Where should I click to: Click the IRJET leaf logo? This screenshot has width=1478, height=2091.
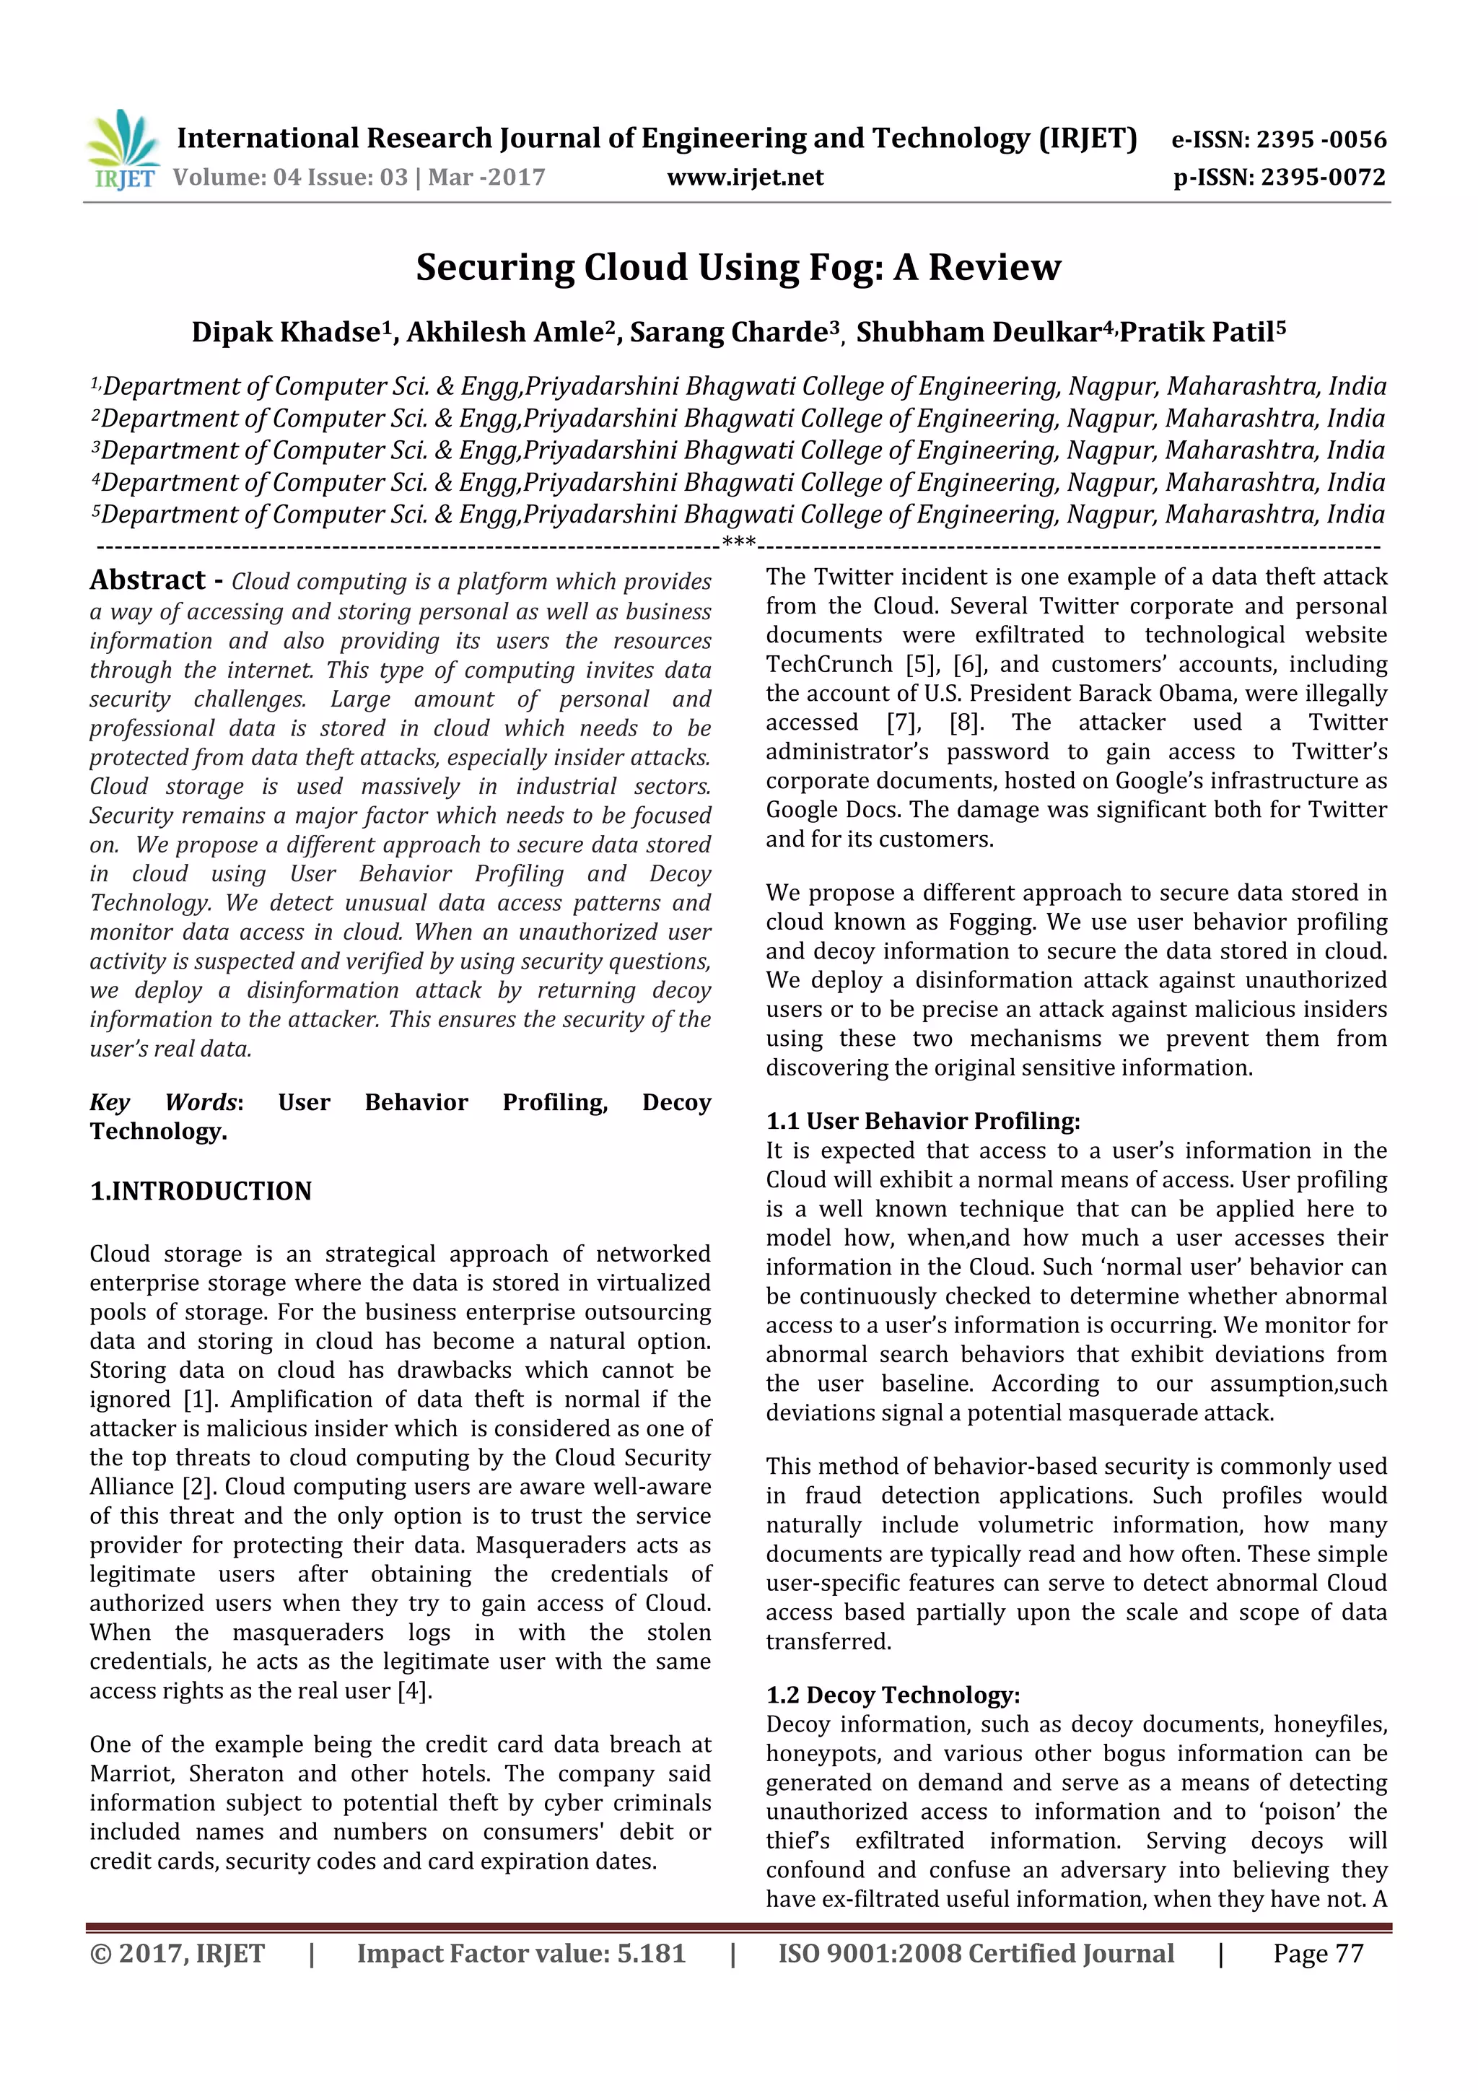123,147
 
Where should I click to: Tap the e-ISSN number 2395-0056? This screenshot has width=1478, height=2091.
1279,139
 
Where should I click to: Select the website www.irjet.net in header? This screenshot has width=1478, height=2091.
745,178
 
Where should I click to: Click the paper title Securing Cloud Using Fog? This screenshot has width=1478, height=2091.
738,268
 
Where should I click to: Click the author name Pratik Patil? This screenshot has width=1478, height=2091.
1197,333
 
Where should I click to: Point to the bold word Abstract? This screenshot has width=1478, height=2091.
147,580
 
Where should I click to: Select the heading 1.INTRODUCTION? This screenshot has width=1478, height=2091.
201,1191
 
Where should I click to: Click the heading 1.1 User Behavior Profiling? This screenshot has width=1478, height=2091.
922,1121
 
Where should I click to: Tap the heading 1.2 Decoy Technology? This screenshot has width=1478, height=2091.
893,1695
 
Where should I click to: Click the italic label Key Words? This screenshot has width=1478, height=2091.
164,1103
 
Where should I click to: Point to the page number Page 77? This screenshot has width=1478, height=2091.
1318,1953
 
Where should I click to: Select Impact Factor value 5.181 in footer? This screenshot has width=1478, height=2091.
521,1953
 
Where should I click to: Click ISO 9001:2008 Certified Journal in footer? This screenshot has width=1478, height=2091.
975,1953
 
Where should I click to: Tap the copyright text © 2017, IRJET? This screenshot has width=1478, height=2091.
178,1953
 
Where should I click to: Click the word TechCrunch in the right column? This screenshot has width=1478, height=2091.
828,664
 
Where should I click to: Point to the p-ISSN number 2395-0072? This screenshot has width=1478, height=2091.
1280,178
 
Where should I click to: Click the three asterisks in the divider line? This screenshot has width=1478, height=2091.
738,544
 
